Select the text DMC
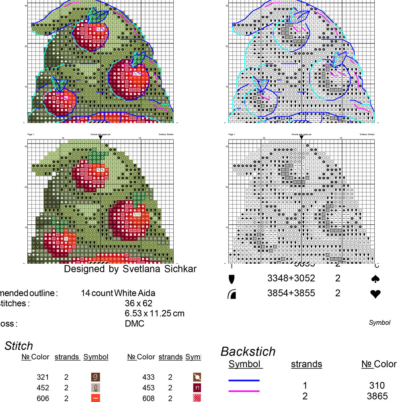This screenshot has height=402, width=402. tap(135, 324)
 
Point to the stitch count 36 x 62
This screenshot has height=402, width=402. tap(139, 303)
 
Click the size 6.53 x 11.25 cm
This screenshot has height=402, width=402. tap(155, 313)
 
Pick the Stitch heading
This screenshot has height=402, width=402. tap(18, 346)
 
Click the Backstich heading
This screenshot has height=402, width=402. tap(248, 351)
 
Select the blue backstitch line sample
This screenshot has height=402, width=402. tap(244, 380)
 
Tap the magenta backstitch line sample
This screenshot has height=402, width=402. tap(244, 391)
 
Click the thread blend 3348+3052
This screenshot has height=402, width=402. tap(291, 278)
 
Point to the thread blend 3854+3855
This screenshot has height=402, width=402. tap(291, 293)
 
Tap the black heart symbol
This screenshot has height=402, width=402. tap(375, 294)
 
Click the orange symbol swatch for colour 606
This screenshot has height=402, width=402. tap(95, 398)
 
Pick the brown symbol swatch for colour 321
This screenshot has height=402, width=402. tap(95, 377)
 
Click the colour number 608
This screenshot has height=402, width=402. tap(148, 398)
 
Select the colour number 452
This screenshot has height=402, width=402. tap(43, 388)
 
